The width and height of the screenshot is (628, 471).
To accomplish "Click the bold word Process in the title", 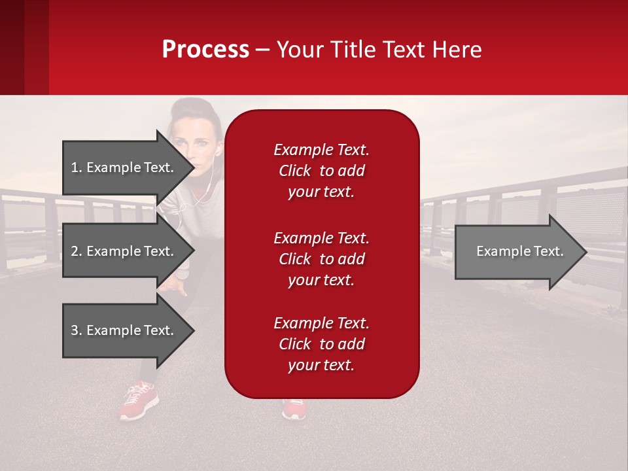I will click(205, 50).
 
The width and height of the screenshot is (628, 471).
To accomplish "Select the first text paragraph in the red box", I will click(321, 171).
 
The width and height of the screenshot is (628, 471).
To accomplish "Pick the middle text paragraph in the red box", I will click(321, 259).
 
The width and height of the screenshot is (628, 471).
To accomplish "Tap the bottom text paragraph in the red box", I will click(321, 344).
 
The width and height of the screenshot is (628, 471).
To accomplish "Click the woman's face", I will click(194, 141).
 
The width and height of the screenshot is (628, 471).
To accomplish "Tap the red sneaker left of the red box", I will click(139, 400).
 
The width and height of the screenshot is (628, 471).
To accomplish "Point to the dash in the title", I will click(262, 50).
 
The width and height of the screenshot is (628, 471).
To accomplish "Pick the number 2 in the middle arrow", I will click(75, 251).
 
